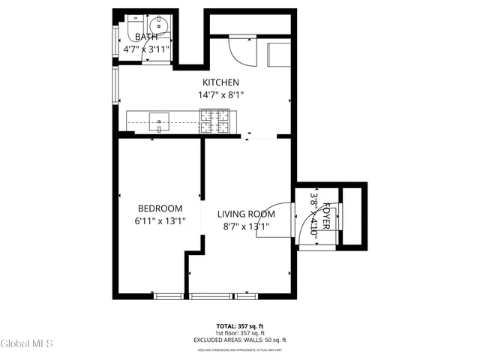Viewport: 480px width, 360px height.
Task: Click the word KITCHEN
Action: point(220,82)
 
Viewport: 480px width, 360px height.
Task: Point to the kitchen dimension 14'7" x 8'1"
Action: point(220,95)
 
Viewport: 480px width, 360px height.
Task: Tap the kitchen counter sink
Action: point(160,118)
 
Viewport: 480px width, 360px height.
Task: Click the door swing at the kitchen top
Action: point(240,50)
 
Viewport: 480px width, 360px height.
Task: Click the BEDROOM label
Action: point(160,208)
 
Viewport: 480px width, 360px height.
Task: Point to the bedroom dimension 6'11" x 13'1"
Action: point(160,220)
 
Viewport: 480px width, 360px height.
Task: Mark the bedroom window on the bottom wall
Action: point(167,297)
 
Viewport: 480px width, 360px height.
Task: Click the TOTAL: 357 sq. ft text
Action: point(240,326)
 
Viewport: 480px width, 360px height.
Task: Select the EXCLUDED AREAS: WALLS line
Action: point(240,340)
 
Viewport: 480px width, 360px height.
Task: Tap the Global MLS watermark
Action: point(27,343)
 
